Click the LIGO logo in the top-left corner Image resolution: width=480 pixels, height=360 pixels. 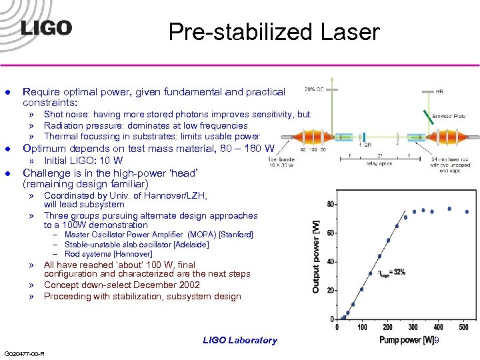[45, 28]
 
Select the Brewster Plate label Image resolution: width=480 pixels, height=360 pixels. [448, 116]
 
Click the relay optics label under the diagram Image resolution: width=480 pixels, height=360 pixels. [379, 162]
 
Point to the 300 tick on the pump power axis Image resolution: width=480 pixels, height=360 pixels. [413, 327]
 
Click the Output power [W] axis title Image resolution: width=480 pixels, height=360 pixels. [316, 256]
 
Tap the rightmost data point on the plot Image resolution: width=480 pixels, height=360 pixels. [466, 212]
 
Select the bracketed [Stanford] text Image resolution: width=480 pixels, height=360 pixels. [236, 235]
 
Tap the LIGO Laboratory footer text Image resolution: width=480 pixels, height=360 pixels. [240, 341]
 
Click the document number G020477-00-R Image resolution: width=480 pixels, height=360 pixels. [24, 353]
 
